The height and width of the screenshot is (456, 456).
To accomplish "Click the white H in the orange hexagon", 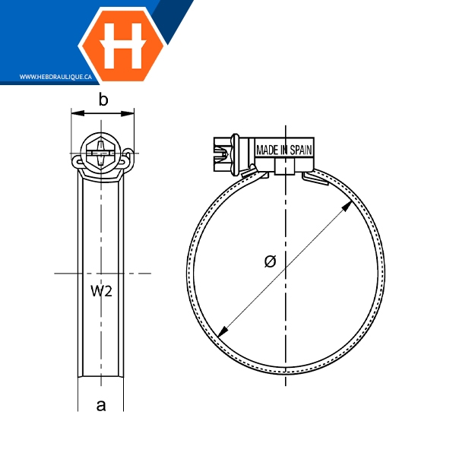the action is click(x=123, y=45).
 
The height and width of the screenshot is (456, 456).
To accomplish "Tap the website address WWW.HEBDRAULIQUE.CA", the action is click(x=55, y=77).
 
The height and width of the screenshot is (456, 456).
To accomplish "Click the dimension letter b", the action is click(x=103, y=100).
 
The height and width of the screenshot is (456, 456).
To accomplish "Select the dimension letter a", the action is click(x=101, y=405).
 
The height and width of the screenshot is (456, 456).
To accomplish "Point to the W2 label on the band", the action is click(x=101, y=291).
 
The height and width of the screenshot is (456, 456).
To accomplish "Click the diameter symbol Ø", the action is click(x=271, y=261).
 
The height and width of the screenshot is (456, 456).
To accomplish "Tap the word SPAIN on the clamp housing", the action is click(x=301, y=150).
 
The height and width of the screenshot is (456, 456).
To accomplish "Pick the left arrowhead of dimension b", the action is click(x=78, y=113).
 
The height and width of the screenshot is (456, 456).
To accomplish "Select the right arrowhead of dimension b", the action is click(x=128, y=113).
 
